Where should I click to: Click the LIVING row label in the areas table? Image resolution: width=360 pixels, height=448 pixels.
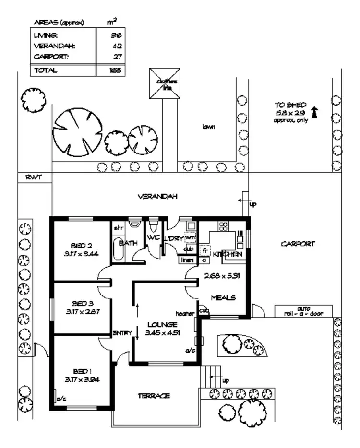coord(46,35)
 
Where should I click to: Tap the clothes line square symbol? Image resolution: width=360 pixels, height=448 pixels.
coord(164,83)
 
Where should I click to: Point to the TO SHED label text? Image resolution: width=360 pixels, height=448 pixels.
coord(287,105)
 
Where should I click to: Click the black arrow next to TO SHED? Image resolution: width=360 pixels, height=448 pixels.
coord(315,112)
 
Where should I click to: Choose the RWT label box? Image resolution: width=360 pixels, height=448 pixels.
coord(35,177)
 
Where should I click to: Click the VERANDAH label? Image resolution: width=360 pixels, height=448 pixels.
coord(158,197)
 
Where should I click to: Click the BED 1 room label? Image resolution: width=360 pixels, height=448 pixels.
coord(82,372)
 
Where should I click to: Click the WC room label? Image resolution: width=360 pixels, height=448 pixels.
coord(153,238)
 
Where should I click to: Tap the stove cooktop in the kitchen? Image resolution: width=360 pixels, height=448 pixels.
coord(223,225)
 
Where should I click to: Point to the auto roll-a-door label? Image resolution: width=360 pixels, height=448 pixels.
coord(303,312)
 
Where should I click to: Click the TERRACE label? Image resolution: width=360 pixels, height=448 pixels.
coord(154,396)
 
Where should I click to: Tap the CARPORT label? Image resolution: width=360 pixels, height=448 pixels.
coord(298,244)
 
